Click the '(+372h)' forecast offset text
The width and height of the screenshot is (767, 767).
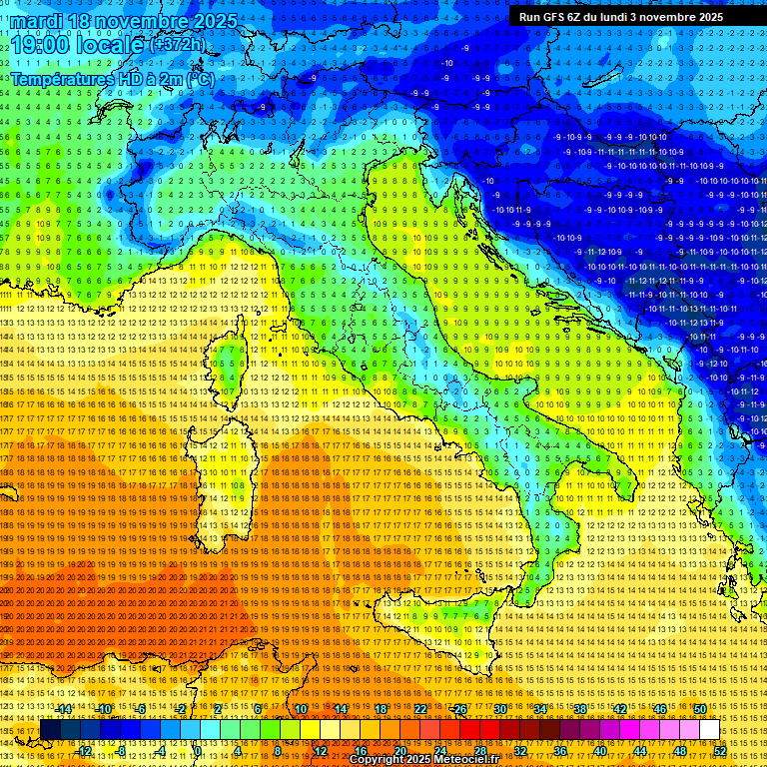[x=177, y=44]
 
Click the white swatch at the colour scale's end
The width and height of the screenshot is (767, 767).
[x=709, y=730]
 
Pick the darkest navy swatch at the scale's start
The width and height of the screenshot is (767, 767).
[x=50, y=730]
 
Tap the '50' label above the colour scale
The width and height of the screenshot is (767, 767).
[x=699, y=709]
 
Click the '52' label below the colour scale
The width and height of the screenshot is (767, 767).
[x=720, y=751]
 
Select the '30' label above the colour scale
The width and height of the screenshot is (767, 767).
[x=499, y=709]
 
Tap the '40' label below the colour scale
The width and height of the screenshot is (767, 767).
[x=599, y=751]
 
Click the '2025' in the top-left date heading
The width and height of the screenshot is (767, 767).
[x=215, y=21]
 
